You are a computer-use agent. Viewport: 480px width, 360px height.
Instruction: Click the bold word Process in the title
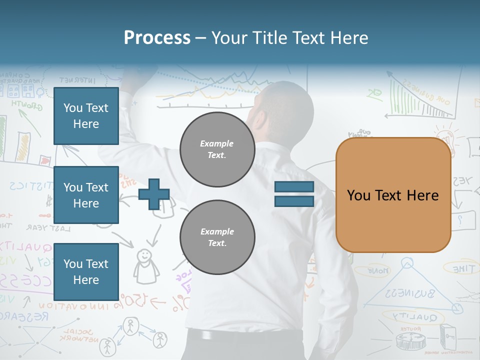tap(157, 37)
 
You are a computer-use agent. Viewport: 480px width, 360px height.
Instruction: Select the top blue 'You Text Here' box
tap(86, 116)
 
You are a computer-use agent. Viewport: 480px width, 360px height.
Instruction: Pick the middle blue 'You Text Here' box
tap(86, 195)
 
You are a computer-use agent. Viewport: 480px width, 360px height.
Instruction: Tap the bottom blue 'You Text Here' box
tap(86, 271)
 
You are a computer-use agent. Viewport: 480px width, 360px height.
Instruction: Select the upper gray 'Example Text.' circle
tap(217, 149)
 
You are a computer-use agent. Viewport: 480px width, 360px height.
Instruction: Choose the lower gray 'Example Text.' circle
tap(217, 237)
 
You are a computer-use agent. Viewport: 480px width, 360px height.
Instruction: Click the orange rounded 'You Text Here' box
tap(393, 195)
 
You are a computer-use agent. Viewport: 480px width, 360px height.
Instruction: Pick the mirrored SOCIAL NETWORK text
tap(77, 335)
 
